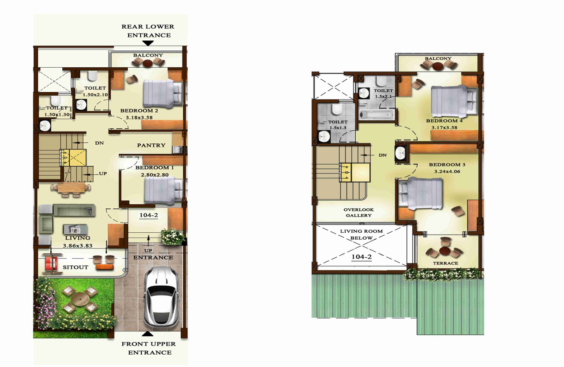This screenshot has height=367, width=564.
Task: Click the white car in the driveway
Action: [x=161, y=297]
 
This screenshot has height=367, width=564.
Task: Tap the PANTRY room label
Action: [x=151, y=145]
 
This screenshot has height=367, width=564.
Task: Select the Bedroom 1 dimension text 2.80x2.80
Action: [x=155, y=175]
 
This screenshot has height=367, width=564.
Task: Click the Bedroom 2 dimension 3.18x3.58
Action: [x=139, y=117]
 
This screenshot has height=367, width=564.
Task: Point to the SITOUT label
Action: [x=75, y=267]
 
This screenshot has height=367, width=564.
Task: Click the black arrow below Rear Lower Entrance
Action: [x=148, y=43]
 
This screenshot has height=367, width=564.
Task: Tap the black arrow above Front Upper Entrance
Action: [x=148, y=334]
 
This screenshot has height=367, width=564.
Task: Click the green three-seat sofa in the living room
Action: [x=74, y=210]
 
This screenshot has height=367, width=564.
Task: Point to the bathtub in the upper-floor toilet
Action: [x=377, y=115]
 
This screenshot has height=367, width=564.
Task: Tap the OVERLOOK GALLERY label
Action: [x=358, y=213]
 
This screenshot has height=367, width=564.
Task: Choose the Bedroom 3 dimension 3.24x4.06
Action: [x=447, y=172]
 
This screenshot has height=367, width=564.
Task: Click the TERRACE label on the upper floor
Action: [x=446, y=263]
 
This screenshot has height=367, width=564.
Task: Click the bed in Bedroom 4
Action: [x=454, y=101]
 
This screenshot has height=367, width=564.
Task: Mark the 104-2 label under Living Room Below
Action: [x=362, y=257]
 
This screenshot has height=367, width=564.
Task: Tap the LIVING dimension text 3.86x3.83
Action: [x=78, y=246]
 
